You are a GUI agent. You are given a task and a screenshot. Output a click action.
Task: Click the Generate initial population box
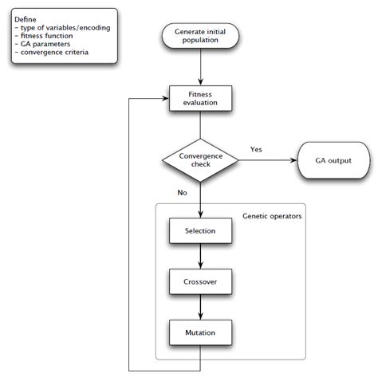[200, 36]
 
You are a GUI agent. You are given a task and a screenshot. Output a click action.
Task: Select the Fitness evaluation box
[200, 97]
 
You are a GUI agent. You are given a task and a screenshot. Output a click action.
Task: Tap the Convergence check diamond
[200, 161]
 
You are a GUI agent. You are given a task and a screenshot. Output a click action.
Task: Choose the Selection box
[200, 231]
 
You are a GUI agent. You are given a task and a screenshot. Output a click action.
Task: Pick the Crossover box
[200, 281]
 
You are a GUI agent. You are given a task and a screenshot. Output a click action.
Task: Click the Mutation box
[200, 331]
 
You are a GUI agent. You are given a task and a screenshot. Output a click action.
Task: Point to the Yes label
[256, 149]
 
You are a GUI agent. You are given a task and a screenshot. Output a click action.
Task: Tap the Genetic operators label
[272, 216]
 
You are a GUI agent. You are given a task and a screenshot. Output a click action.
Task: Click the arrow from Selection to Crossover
[200, 256]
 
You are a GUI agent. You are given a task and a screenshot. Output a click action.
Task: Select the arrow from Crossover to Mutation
[200, 306]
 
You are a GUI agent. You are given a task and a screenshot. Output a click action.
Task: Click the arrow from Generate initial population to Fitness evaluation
[200, 67]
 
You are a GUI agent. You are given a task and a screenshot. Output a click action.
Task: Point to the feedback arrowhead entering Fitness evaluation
[165, 98]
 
